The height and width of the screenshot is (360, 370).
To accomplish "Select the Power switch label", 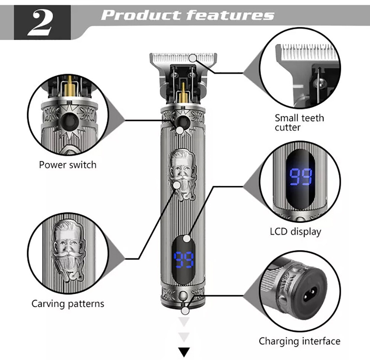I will click(68, 165).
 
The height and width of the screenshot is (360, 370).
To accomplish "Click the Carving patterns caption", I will click(68, 304).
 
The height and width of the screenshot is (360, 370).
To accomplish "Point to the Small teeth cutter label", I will click(299, 123).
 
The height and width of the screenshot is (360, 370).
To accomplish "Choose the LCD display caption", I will click(295, 231).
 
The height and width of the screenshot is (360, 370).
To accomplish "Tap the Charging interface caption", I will click(299, 341).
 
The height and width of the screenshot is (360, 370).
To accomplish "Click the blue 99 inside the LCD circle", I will click(300, 177).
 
